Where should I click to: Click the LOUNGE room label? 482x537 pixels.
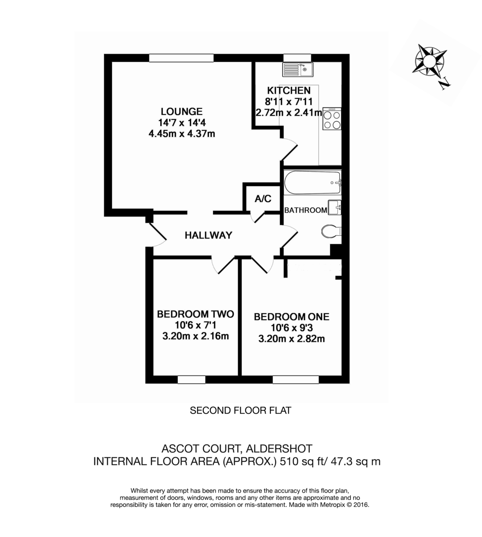pyautogui.click(x=182, y=111)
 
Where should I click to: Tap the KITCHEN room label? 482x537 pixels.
pyautogui.click(x=289, y=90)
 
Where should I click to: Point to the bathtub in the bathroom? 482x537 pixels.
pyautogui.click(x=312, y=182)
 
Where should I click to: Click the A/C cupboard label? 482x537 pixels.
pyautogui.click(x=263, y=199)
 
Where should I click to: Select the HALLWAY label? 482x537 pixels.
pyautogui.click(x=209, y=235)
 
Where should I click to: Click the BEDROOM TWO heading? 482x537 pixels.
pyautogui.click(x=196, y=314)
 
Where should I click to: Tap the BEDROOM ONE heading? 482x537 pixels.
pyautogui.click(x=291, y=317)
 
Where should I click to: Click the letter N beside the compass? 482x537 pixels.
pyautogui.click(x=444, y=83)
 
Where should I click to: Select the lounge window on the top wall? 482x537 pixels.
pyautogui.click(x=181, y=58)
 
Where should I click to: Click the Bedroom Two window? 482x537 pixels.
pyautogui.click(x=191, y=380)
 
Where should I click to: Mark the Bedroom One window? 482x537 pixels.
pyautogui.click(x=296, y=380)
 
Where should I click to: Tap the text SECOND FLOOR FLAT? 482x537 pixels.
pyautogui.click(x=241, y=410)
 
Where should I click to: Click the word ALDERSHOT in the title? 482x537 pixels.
pyautogui.click(x=278, y=448)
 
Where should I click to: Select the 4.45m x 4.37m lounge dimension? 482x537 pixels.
pyautogui.click(x=182, y=133)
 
